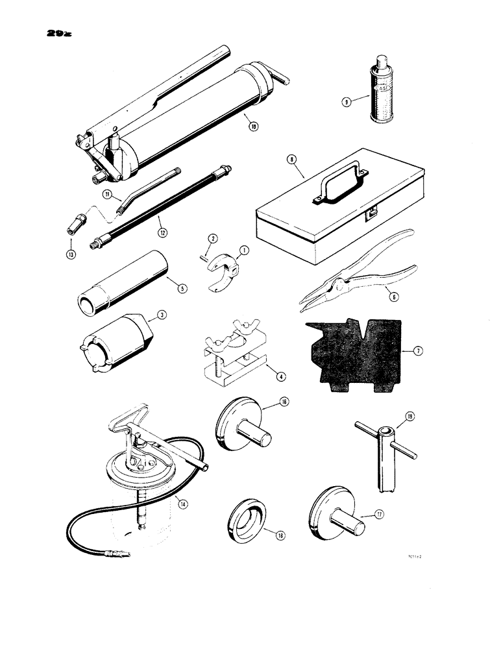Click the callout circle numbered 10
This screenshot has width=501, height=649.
coord(253,127)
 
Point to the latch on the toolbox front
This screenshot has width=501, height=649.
coord(372,212)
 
